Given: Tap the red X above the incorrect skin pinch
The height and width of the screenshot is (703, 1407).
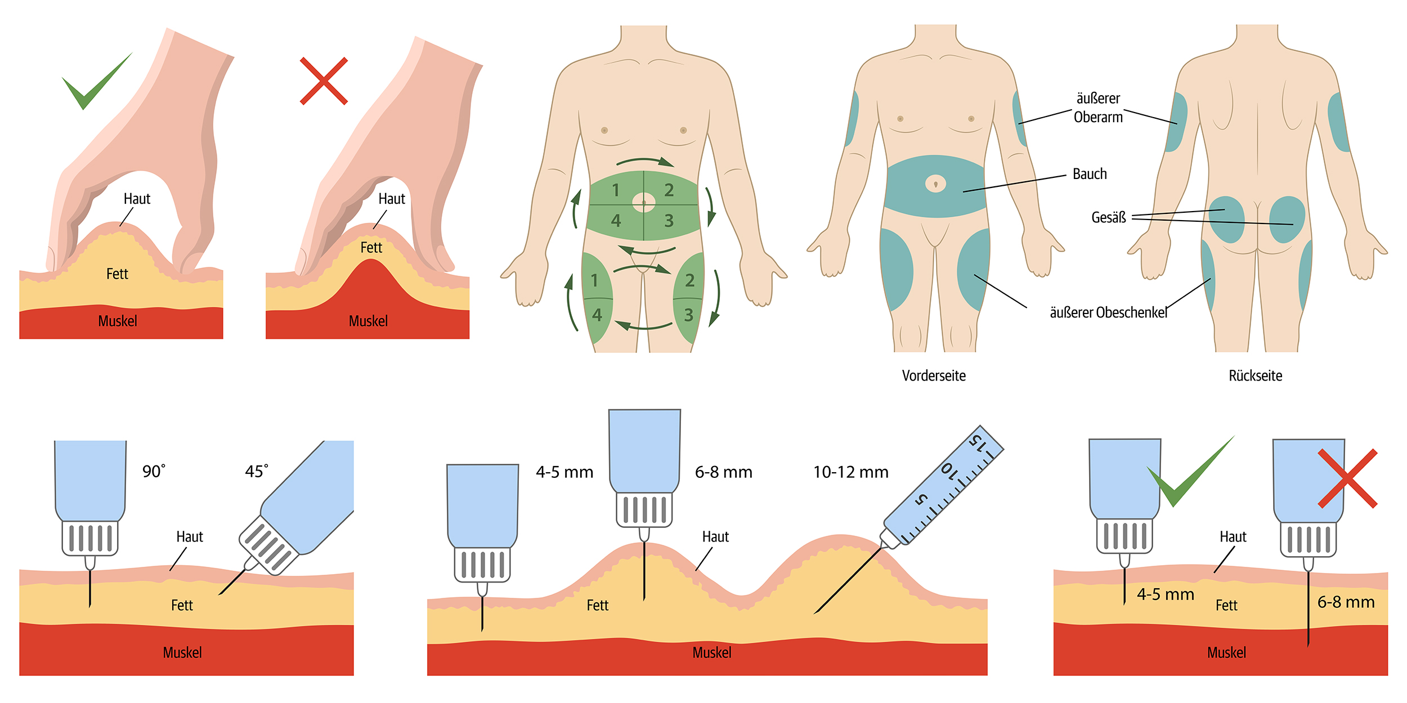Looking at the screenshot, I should [324, 81].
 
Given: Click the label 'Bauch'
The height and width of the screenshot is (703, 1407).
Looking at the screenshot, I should [1090, 174].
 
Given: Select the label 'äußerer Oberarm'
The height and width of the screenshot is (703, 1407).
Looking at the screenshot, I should [1098, 108].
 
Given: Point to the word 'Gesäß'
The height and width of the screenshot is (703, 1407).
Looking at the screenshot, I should [1108, 217].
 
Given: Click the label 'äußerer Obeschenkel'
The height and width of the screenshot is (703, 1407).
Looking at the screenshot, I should [1108, 312].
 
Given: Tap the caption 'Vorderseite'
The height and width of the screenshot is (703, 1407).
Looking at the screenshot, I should [934, 375].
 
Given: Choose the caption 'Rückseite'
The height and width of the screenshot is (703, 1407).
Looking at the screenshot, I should [1255, 375].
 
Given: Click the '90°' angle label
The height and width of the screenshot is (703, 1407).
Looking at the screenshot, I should [154, 471].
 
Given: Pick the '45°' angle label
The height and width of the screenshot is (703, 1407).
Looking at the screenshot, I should [256, 471].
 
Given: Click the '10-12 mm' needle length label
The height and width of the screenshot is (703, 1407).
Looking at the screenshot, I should [850, 472].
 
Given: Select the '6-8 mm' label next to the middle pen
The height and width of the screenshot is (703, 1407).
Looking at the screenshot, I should [723, 472].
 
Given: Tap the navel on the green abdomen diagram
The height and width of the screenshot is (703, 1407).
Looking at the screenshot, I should [644, 202].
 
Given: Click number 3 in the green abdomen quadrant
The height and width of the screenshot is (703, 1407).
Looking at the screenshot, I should [669, 221].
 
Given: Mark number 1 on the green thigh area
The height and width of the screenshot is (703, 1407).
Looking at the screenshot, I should [594, 280].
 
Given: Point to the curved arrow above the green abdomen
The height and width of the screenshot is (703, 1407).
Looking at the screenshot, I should [645, 162].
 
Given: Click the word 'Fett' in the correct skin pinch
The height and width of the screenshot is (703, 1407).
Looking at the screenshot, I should [117, 274].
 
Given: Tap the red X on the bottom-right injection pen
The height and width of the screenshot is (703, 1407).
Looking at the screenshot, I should [1347, 478].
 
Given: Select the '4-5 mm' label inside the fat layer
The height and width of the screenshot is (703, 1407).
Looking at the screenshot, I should [1165, 594].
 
